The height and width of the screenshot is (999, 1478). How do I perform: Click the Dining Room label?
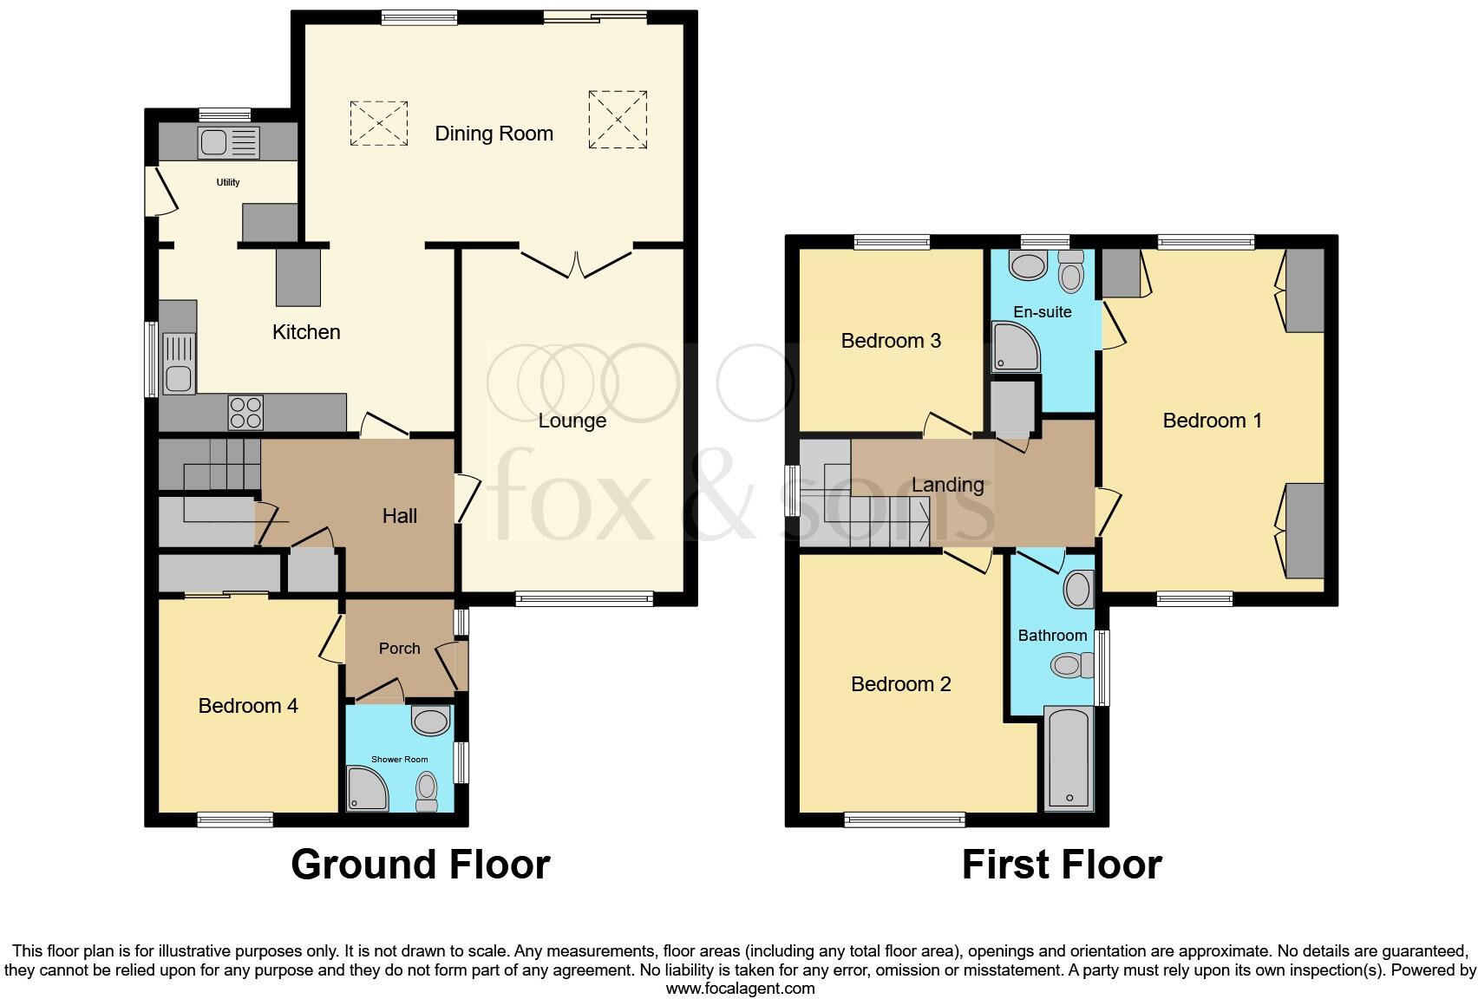coord(494,134)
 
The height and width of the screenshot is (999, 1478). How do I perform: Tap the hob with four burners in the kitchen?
coord(245,413)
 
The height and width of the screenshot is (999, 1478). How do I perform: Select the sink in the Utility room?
coord(228,141)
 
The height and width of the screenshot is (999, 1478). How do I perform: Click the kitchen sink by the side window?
coord(179,364)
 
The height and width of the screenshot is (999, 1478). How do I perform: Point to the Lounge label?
coord(572,421)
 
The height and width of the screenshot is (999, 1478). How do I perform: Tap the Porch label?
coord(399,649)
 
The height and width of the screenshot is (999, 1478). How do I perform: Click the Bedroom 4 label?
coord(248,706)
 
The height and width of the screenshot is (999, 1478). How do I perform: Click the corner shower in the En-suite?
coord(1013,347)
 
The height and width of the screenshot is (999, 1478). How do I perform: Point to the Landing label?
coord(947,485)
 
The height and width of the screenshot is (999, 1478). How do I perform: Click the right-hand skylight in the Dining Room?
coord(618,119)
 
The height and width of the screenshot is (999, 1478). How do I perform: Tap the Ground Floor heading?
coord(420,865)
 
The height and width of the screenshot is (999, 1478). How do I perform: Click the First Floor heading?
coord(1061,865)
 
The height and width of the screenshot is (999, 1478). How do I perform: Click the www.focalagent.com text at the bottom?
coord(740,989)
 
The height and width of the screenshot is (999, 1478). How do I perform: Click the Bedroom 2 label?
coord(900,684)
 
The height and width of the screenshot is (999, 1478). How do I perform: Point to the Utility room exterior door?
coord(165,191)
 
